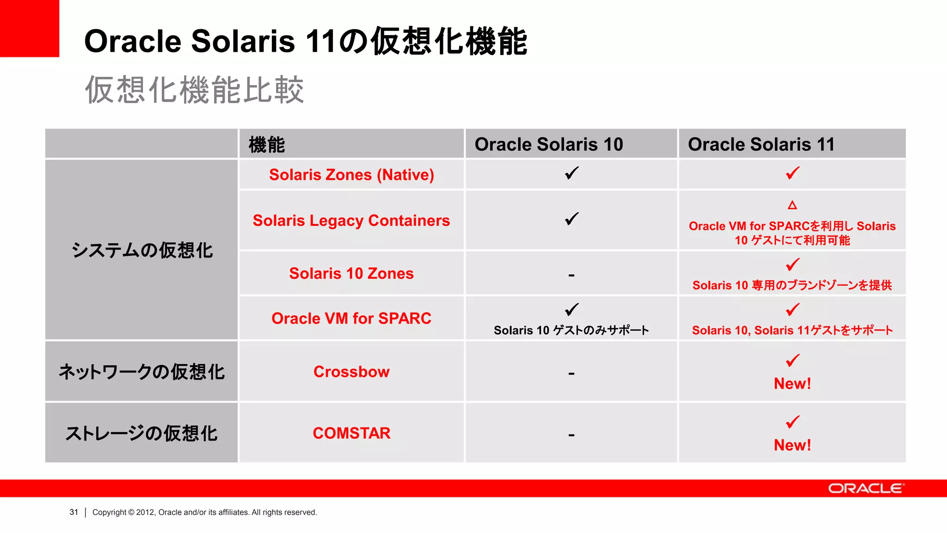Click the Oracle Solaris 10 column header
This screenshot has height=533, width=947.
(x=548, y=144)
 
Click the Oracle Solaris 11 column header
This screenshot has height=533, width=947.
(x=761, y=144)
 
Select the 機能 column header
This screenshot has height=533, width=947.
(x=267, y=144)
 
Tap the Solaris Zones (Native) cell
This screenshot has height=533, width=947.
(x=351, y=175)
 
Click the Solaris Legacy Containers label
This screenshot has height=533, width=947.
(x=351, y=221)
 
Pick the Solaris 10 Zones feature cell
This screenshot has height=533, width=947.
(x=351, y=273)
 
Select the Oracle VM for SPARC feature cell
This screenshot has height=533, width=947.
(x=351, y=318)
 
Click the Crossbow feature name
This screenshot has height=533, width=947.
(x=351, y=372)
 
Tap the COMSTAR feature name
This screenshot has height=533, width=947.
(x=351, y=433)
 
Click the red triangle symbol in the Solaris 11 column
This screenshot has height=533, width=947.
(x=792, y=205)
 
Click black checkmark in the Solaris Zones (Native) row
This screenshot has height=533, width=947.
(x=572, y=173)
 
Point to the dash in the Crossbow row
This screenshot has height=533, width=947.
(x=572, y=373)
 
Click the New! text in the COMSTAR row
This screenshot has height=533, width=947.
(x=792, y=445)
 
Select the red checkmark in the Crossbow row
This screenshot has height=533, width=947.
(x=792, y=360)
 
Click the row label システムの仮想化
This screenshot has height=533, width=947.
(x=142, y=250)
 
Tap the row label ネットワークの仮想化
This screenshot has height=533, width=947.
(x=142, y=372)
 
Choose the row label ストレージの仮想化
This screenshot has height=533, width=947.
(x=142, y=434)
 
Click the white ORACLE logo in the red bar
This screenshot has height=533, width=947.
(x=866, y=489)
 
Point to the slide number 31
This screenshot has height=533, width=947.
(x=74, y=512)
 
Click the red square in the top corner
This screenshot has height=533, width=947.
(x=29, y=28)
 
